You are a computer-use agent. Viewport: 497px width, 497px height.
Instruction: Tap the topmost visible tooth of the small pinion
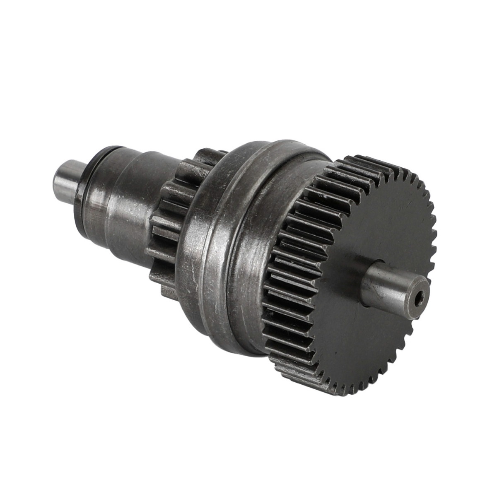click(207, 153)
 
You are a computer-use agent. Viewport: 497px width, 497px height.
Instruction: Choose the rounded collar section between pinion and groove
click(207, 232)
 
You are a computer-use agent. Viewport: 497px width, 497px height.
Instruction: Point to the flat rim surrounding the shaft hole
click(414, 302)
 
